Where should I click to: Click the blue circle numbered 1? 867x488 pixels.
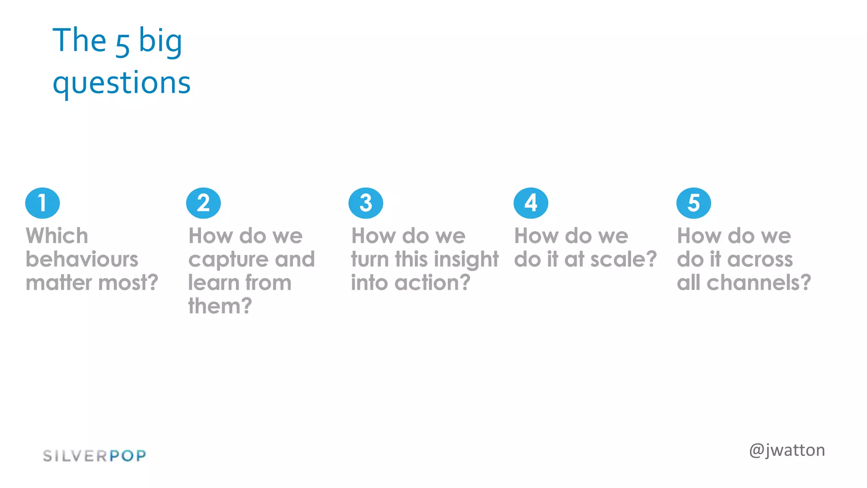(x=42, y=203)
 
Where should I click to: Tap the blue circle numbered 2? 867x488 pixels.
(x=203, y=203)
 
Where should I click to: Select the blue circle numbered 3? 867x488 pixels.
(x=366, y=203)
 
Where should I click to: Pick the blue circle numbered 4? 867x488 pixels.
(x=530, y=203)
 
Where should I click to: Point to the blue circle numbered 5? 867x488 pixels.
(x=693, y=203)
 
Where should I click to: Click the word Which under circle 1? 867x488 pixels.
(x=57, y=236)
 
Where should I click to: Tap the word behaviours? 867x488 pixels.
(x=82, y=259)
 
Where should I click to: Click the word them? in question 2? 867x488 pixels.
(x=220, y=306)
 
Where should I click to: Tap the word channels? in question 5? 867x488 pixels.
(x=759, y=283)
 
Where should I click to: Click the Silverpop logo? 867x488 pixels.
(x=94, y=456)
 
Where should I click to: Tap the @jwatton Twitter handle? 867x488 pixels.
(x=787, y=450)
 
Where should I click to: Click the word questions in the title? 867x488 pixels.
(x=121, y=83)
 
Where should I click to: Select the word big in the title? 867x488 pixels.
(x=160, y=42)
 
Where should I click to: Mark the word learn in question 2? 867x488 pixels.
(x=213, y=283)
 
